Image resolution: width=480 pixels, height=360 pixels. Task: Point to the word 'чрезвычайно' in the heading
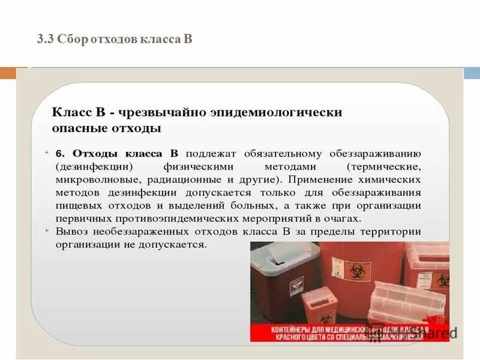click(158, 112)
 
